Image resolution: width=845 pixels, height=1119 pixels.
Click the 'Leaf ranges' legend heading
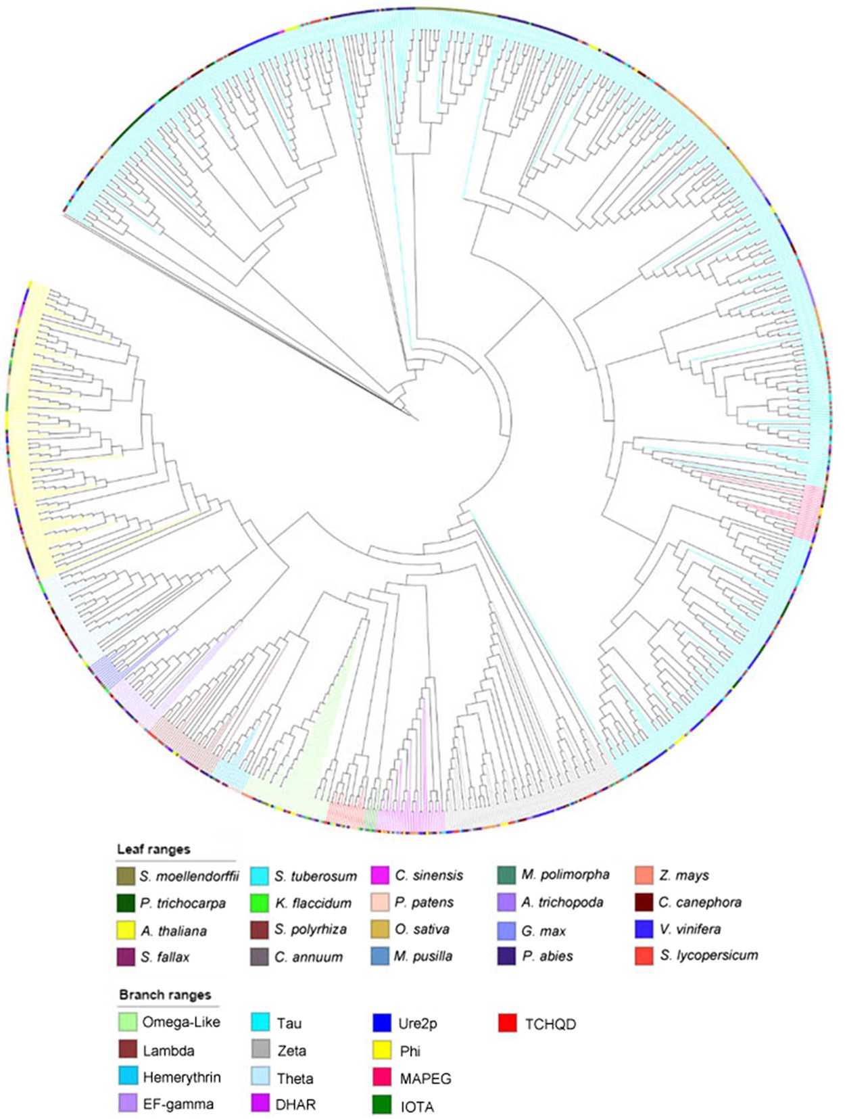[x=153, y=849]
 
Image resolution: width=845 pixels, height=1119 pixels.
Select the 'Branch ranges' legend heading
[x=165, y=995]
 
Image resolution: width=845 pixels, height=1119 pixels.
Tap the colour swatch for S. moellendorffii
[x=126, y=876]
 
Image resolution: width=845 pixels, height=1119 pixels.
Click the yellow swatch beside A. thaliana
[x=126, y=930]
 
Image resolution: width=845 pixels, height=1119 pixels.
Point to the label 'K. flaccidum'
[x=313, y=903]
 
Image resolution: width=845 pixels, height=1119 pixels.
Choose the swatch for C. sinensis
[x=381, y=876]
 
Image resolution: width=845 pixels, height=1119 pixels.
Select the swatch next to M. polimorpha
[x=506, y=876]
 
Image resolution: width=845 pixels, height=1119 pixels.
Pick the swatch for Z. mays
[x=644, y=876]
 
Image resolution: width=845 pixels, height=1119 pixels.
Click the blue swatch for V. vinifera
[x=644, y=930]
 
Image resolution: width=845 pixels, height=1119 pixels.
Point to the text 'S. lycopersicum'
[x=709, y=956]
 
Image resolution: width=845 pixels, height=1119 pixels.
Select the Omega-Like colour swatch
[x=128, y=1022]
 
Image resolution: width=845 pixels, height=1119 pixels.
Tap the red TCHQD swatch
[x=508, y=1023]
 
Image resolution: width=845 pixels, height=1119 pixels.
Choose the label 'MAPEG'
[x=425, y=1078]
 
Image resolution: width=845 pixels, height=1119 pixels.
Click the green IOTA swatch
[x=383, y=1105]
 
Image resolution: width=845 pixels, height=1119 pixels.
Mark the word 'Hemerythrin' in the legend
[x=181, y=1077]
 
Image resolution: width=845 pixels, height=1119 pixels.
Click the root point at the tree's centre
[x=417, y=420]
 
